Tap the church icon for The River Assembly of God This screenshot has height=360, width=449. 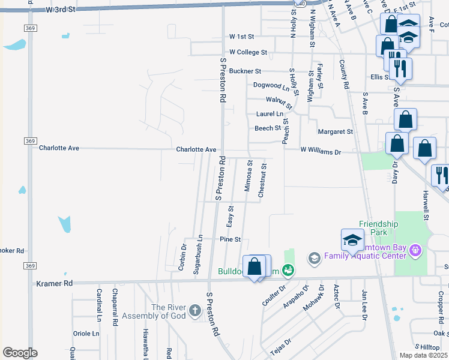coord(194,310)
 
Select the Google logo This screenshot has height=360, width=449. coord(20,353)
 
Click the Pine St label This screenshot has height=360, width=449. coord(230,239)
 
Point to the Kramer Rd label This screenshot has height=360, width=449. coord(54,283)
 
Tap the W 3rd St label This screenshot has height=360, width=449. coord(61,10)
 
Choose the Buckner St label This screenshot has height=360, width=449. coord(245,71)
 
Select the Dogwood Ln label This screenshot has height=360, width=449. coord(267,85)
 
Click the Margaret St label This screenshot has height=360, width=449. coord(336,131)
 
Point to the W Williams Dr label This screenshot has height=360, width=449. coord(321,152)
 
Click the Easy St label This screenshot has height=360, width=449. coord(230,216)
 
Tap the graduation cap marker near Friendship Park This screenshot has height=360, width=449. coord(352,241)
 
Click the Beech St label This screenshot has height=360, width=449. coord(268,128)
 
